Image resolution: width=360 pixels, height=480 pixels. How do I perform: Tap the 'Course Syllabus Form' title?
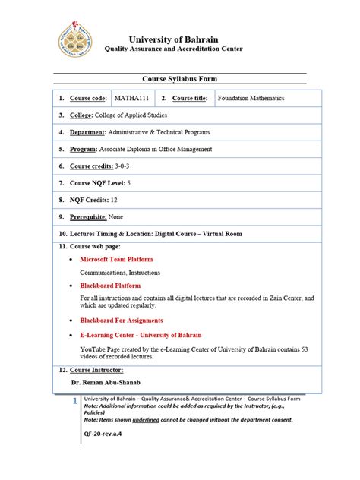point(179,79)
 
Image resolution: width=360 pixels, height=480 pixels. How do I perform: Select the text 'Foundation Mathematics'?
point(250,98)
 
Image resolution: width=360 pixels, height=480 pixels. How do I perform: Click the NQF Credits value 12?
point(114,200)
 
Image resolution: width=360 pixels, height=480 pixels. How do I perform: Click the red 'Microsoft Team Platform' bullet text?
point(116,259)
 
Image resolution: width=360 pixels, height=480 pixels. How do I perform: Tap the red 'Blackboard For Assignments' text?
point(122,321)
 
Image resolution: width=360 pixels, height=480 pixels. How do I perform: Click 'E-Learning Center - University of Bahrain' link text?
point(141,334)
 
